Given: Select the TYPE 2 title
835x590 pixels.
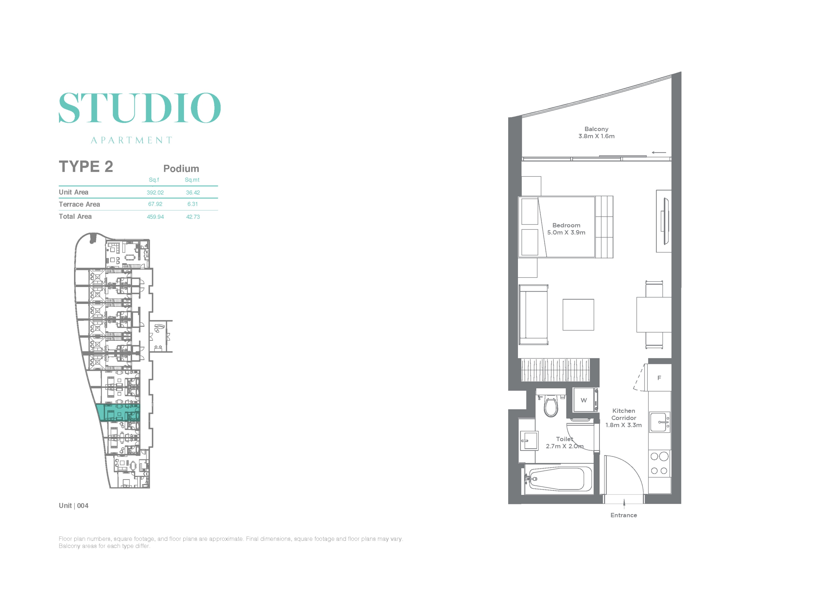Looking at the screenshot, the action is (86, 166).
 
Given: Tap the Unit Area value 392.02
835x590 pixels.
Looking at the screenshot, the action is (155, 193).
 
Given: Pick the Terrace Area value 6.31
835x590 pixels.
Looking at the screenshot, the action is (192, 204).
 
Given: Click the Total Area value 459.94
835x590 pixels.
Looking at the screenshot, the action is (155, 217).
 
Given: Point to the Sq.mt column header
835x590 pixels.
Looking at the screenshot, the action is (192, 180).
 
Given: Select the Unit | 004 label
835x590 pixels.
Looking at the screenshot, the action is (73, 506).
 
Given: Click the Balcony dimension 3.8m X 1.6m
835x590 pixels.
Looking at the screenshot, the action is (597, 136).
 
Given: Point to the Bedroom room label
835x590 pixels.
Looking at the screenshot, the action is (566, 225).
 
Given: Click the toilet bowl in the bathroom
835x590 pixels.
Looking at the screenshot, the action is (551, 406).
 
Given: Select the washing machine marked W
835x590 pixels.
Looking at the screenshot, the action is (585, 400).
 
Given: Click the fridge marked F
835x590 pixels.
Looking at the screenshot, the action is (659, 378).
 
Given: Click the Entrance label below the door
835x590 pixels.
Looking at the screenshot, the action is (624, 515).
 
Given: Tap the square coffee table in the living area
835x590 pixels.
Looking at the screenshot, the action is (578, 315).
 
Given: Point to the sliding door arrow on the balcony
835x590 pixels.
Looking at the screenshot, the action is (659, 152).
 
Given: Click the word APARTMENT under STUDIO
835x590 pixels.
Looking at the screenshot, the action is (131, 140).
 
